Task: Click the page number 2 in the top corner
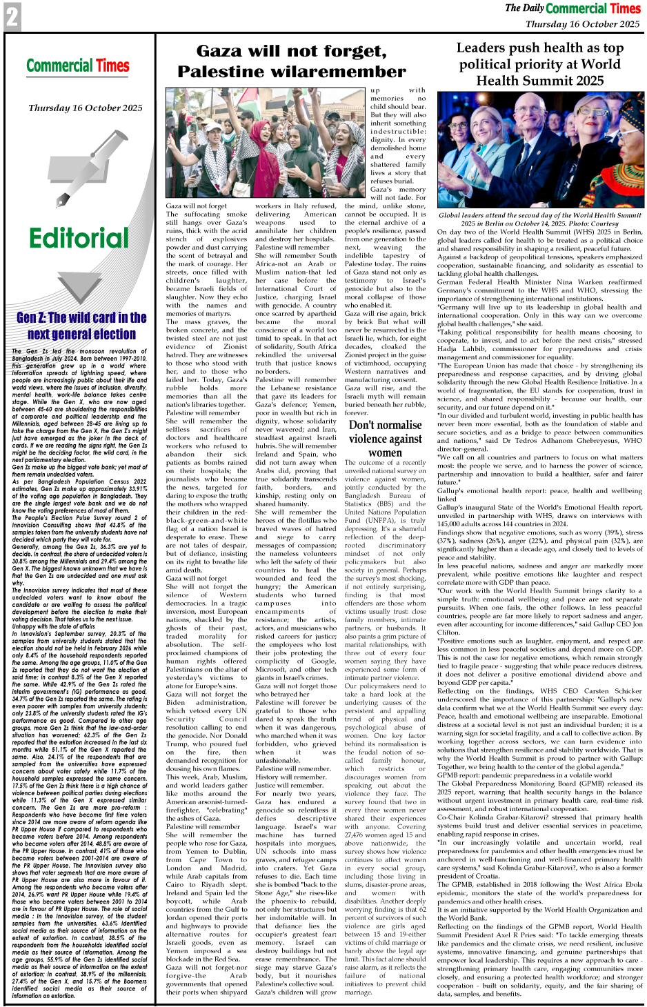(12, 17)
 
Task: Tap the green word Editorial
(79, 238)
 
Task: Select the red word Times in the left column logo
(112, 66)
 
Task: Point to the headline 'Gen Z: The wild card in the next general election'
(81, 326)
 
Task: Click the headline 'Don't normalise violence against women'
(385, 439)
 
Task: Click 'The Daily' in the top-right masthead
(524, 8)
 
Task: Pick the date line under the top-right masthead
(582, 24)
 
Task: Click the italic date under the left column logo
(86, 108)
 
